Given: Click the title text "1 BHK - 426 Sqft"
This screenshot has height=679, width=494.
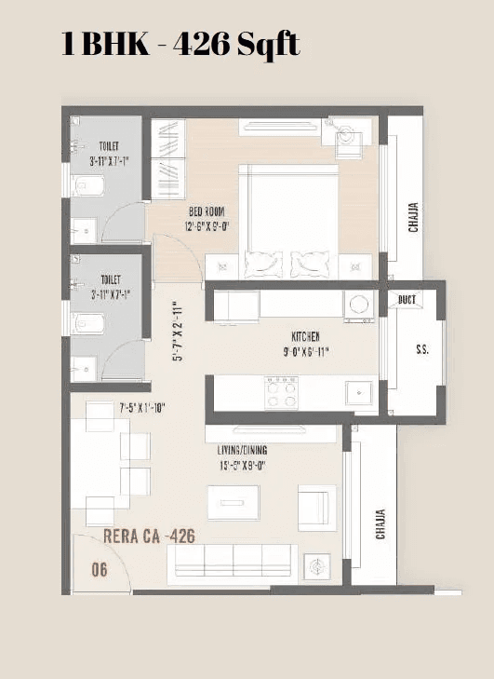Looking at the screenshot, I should pyautogui.click(x=180, y=43).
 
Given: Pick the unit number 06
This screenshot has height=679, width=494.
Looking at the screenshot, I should pyautogui.click(x=99, y=569).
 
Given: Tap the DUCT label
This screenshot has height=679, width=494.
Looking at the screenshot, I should pyautogui.click(x=407, y=300).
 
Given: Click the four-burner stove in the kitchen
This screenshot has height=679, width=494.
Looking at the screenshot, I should pyautogui.click(x=281, y=392).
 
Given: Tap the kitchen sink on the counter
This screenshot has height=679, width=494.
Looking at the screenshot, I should pyautogui.click(x=359, y=394).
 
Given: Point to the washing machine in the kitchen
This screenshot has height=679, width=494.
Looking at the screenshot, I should pyautogui.click(x=358, y=306).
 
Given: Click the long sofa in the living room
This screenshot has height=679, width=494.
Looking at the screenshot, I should pyautogui.click(x=232, y=564).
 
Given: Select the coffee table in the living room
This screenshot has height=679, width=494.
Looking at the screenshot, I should pyautogui.click(x=227, y=504).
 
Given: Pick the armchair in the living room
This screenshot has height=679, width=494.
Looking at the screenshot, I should pyautogui.click(x=314, y=506).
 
